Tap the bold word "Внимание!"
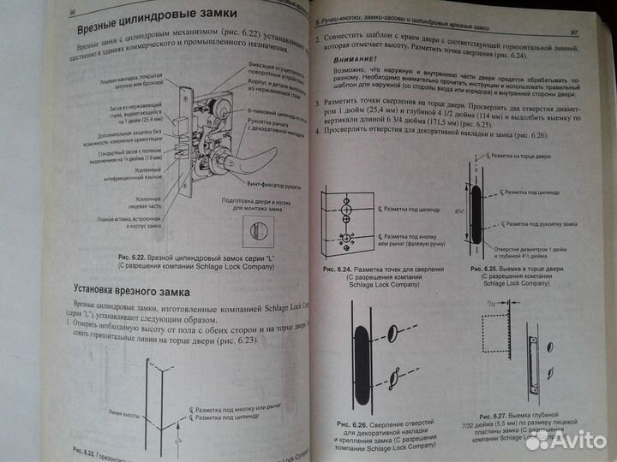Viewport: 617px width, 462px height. pyautogui.click(x=349, y=59)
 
